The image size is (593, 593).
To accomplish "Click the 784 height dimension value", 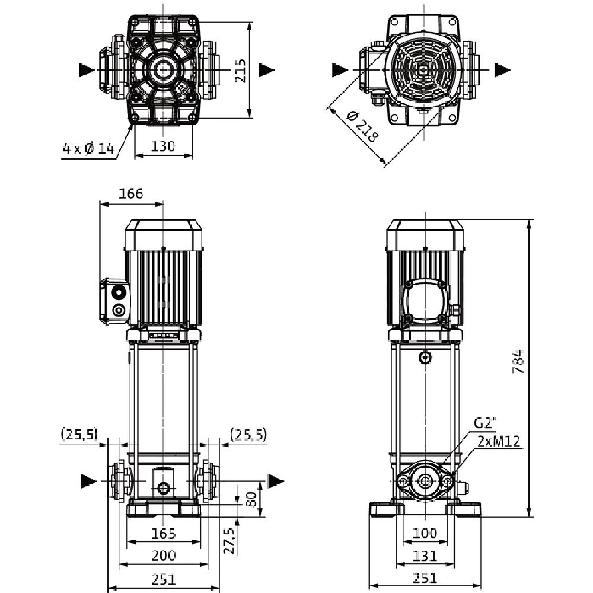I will (518, 361).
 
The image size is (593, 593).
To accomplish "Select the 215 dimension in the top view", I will (240, 69).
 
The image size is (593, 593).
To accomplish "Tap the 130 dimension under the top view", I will (164, 146).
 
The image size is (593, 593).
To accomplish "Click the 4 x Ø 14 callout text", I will (88, 148).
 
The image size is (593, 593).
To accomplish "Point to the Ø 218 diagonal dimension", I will (362, 126).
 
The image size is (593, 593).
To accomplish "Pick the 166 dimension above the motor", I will (130, 194).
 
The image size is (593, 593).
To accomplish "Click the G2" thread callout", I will (485, 423).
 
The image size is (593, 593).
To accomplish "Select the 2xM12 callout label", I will (499, 441).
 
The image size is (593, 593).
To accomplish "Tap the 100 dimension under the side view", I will (425, 533).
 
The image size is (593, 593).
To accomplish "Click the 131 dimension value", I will (425, 556).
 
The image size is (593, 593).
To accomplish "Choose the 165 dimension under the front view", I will (164, 533).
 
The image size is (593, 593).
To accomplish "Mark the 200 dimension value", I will (164, 556).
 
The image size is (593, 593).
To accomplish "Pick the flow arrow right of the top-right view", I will (502, 69).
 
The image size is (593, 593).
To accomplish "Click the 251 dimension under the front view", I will (164, 578).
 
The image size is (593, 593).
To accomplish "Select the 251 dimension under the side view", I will (425, 578).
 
